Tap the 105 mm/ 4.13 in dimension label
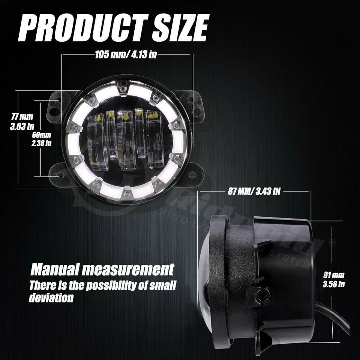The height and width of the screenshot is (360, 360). (x=126, y=55)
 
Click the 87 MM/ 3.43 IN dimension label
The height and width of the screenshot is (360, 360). (x=254, y=191)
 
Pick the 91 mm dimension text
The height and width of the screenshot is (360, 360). (x=333, y=276)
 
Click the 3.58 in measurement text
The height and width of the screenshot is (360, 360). (x=333, y=284)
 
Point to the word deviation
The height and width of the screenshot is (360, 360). (x=51, y=298)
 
